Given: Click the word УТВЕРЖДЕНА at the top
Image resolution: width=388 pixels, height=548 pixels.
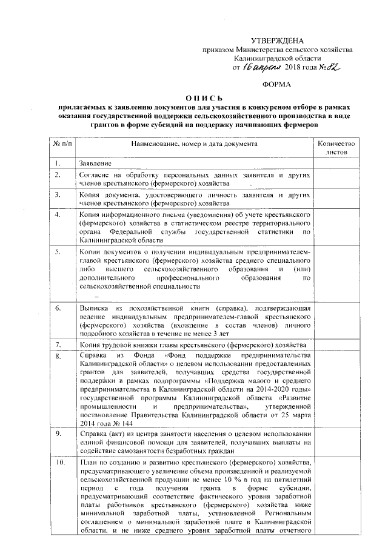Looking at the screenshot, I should coord(277,40).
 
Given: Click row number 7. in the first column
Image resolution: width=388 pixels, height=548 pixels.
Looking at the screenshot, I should coord(58,345).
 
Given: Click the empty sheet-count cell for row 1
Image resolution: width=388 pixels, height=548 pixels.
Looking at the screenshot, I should coord(338,164).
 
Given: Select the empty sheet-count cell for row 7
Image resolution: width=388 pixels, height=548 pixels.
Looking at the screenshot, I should coord(338,345).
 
